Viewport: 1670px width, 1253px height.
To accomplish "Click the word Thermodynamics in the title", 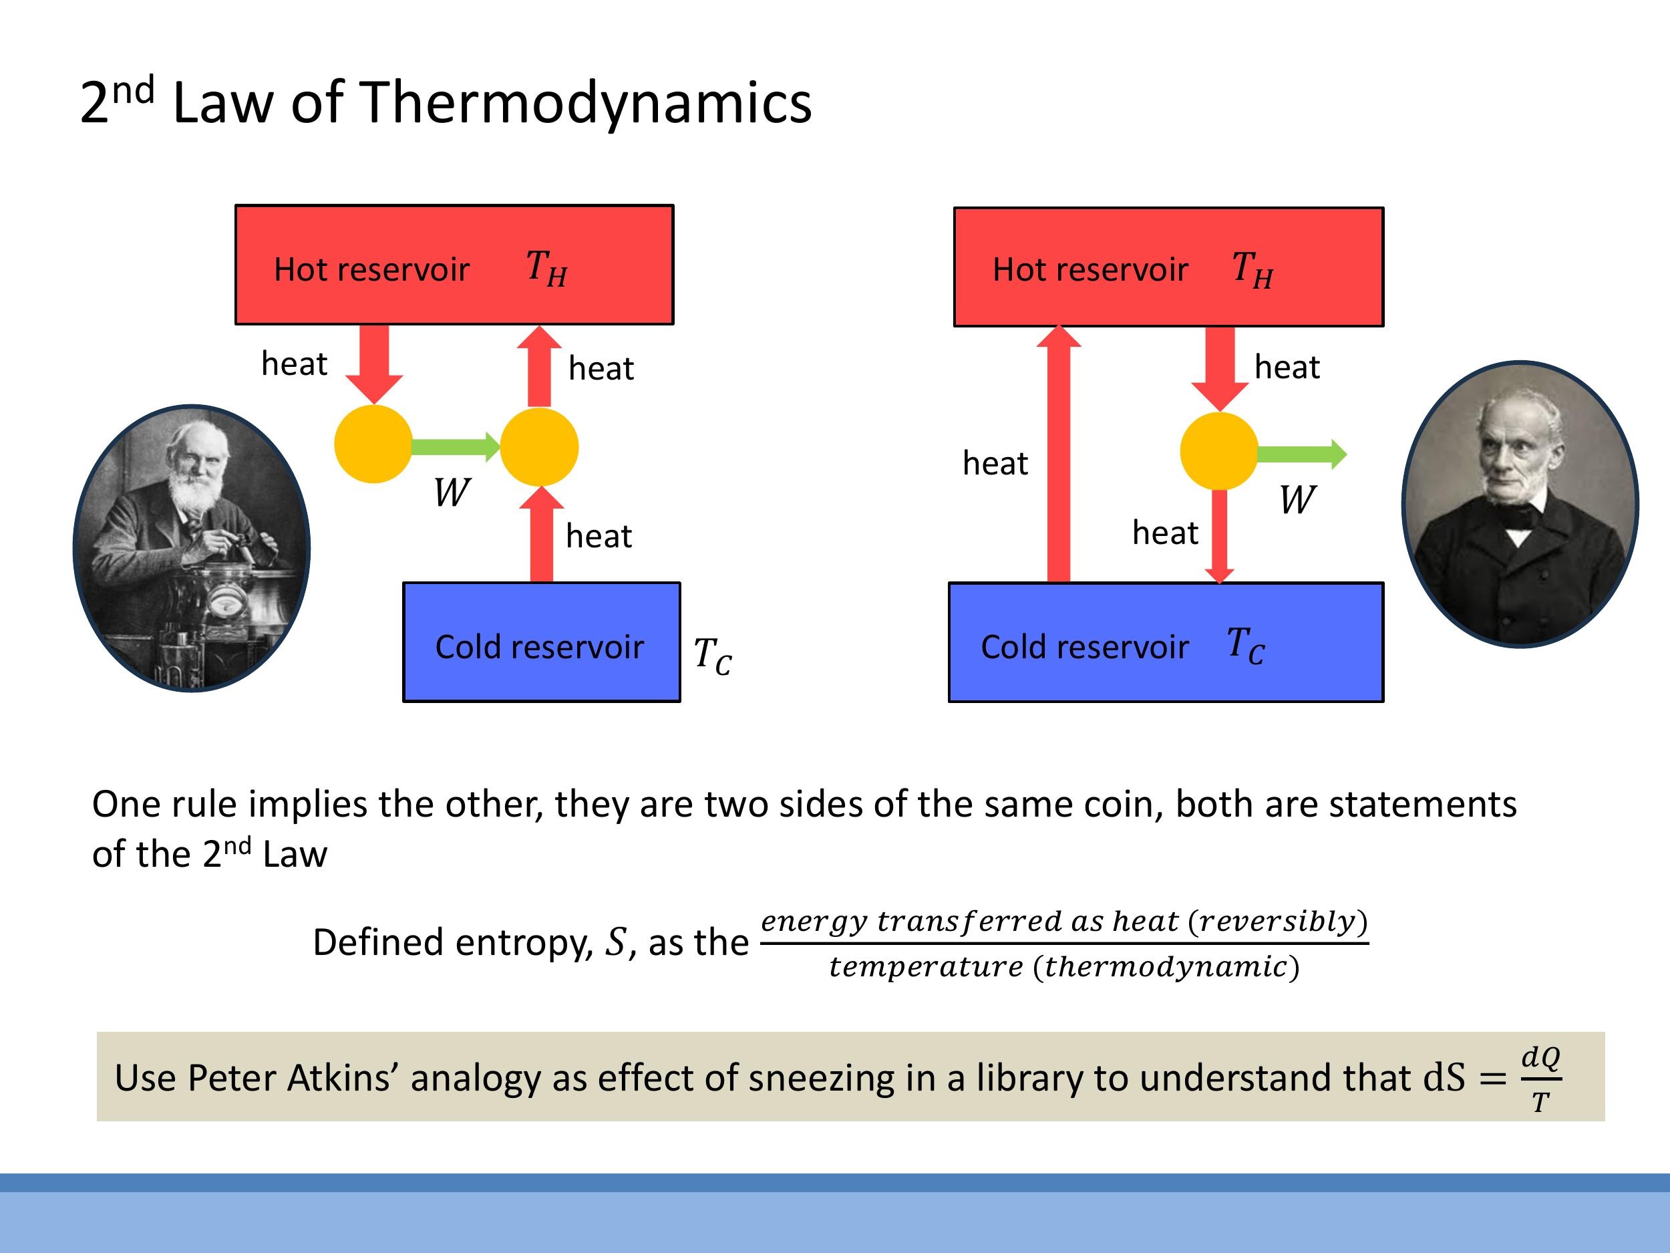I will pos(586,104).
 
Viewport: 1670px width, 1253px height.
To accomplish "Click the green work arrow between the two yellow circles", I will pos(454,446).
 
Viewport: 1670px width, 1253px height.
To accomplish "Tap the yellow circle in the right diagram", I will pos(1218,451).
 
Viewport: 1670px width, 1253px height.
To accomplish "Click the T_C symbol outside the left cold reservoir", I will pos(712,656).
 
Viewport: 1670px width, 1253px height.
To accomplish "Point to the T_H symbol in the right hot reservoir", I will pos(1252,269).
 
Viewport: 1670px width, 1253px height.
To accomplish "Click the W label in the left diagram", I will pos(452,493).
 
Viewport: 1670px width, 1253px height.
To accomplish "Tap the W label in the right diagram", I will pos(1297,500).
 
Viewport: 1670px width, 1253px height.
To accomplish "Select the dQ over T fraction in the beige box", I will pos(1540,1079).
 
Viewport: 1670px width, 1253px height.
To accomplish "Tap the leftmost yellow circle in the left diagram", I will pos(373,444).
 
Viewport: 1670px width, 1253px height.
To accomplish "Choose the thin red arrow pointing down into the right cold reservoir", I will pos(1218,536).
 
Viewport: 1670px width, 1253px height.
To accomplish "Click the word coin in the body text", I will pos(1123,805).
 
